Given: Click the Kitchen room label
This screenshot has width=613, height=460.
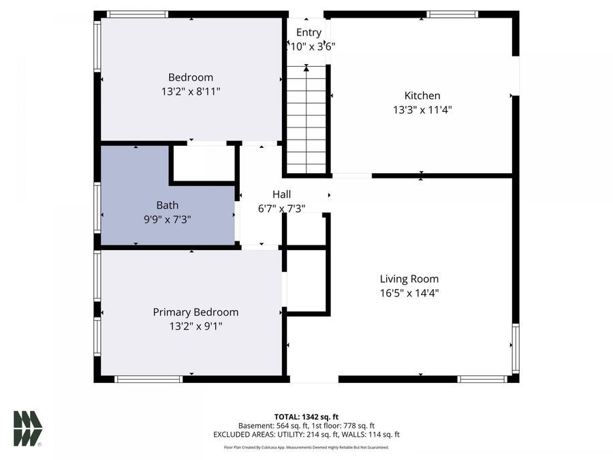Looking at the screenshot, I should [422, 96].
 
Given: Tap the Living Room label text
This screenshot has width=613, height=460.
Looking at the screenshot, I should [409, 279].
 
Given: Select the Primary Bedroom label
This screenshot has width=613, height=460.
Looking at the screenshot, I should [195, 312].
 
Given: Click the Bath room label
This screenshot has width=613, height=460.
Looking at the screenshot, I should [167, 204].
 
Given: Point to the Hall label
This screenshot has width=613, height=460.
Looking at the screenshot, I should [281, 195].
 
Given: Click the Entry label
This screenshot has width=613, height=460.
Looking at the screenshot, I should [309, 32].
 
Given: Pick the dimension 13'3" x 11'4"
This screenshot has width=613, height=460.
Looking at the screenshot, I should [422, 109].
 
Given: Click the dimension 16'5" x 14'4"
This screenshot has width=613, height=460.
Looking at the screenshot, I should [409, 292].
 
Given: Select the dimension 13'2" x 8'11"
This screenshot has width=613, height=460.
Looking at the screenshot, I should [191, 91].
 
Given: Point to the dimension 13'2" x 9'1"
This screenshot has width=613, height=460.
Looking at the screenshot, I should [195, 326].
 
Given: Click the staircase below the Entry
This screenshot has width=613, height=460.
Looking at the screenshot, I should [306, 119].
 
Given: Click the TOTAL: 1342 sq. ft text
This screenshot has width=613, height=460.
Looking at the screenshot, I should [306, 416].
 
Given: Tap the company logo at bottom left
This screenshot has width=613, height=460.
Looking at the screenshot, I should [28, 429].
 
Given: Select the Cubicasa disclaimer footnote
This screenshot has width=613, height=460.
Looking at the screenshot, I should [306, 448].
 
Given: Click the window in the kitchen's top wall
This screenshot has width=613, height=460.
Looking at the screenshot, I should [452, 14].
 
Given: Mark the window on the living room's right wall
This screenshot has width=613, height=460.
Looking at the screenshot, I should [516, 348].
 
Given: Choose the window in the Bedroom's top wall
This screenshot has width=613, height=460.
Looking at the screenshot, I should [138, 14].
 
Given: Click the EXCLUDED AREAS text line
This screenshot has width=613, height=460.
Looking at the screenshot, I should [306, 434].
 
